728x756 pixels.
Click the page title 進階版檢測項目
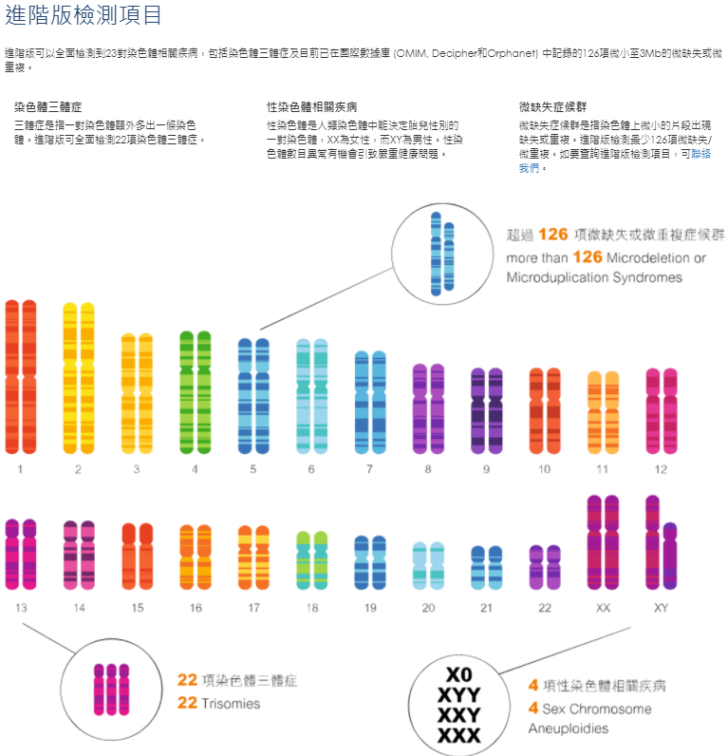[x=83, y=15]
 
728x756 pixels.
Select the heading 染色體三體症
[x=48, y=108]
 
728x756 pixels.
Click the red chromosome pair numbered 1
[x=21, y=376]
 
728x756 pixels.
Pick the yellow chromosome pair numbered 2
[x=79, y=377]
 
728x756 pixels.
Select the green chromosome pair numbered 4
[x=195, y=391]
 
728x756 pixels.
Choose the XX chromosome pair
[x=603, y=543]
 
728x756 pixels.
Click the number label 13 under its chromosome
[x=20, y=608]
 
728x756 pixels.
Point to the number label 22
[x=544, y=608]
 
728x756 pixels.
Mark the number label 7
[x=369, y=469]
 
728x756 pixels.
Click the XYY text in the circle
[x=458, y=694]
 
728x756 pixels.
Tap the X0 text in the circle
[x=458, y=675]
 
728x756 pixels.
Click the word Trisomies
[x=231, y=704]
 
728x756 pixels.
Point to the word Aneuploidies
[x=568, y=728]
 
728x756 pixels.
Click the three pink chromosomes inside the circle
[x=111, y=687]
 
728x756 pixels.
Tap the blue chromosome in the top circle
[x=436, y=252]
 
